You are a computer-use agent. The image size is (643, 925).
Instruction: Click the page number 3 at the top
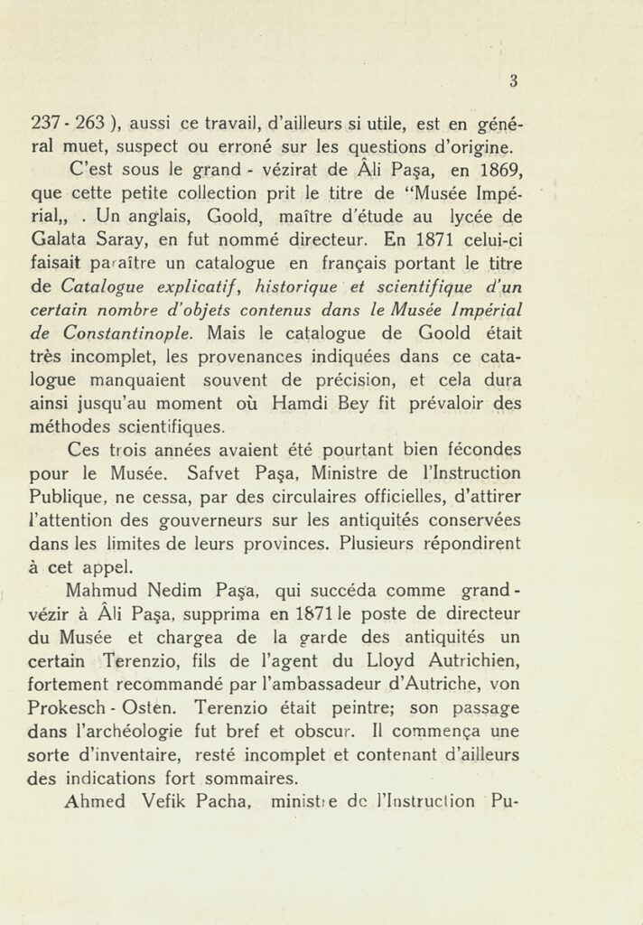[512, 80]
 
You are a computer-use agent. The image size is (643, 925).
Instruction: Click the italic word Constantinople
[122, 333]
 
